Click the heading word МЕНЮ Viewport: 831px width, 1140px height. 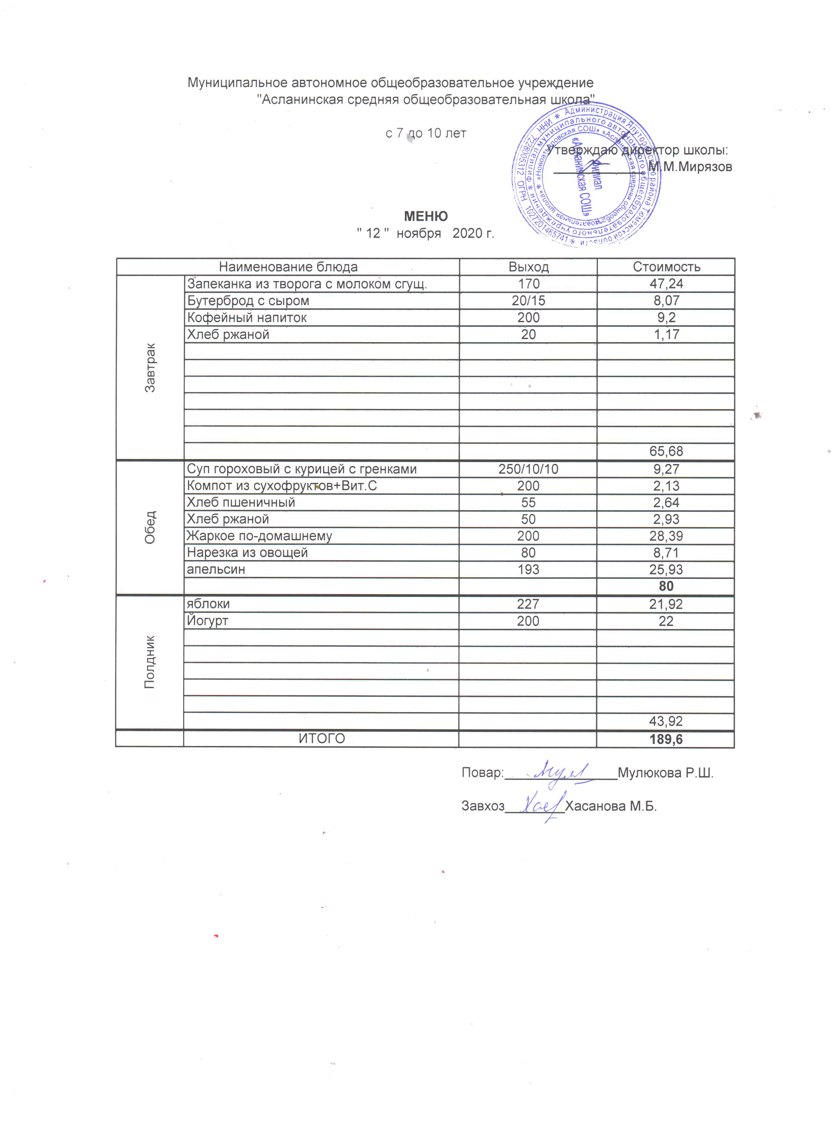[x=426, y=216]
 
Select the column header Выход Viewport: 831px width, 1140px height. [x=528, y=267]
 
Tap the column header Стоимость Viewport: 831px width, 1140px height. [x=666, y=267]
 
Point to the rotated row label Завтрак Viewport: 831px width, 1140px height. [x=150, y=367]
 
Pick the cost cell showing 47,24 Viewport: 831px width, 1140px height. [x=666, y=284]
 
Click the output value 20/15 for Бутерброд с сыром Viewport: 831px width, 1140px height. [x=528, y=301]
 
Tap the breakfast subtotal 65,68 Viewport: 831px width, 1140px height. [x=666, y=451]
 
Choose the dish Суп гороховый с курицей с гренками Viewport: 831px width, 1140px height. [x=302, y=469]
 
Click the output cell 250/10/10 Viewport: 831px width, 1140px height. [x=528, y=469]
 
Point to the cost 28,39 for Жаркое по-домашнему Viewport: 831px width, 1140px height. [x=666, y=536]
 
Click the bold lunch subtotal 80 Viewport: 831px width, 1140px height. [x=666, y=586]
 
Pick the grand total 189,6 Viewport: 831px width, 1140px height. [x=666, y=739]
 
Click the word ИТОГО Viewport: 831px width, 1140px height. [x=322, y=739]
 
